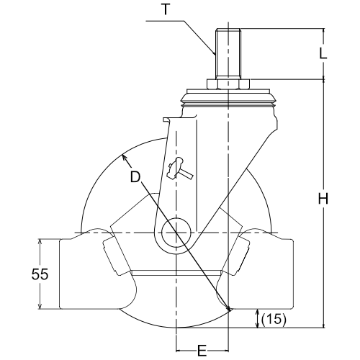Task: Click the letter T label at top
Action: (166, 9)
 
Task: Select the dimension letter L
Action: (323, 53)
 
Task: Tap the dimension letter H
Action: (323, 199)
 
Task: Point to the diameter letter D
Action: (135, 176)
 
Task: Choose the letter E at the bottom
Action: (202, 351)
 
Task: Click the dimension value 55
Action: (40, 274)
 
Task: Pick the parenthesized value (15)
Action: (274, 319)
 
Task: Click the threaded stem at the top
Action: (228, 53)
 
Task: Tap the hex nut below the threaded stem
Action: (228, 84)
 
